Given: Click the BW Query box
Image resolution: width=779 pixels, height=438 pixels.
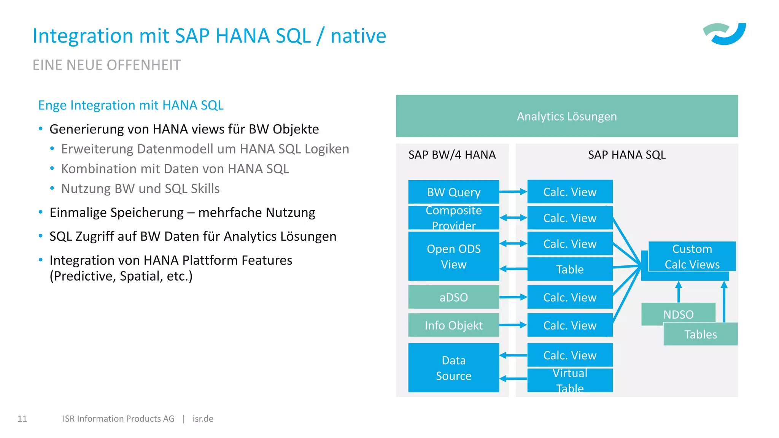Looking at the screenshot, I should tap(453, 192).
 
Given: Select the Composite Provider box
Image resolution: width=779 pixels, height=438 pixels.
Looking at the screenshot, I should tap(453, 218).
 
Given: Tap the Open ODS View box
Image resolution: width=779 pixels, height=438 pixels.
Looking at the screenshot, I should tap(453, 257).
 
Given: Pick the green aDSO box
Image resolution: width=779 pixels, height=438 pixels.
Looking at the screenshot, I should tap(453, 297).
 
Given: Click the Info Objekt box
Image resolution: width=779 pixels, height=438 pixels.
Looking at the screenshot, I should tap(453, 325).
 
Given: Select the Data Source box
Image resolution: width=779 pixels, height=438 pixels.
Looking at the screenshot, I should tap(453, 368).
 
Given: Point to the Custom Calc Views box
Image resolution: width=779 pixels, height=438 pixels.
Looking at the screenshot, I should tap(692, 257).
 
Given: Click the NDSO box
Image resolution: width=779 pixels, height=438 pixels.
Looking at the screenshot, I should tap(678, 314).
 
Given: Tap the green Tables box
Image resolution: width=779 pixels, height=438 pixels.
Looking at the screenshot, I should tap(700, 334).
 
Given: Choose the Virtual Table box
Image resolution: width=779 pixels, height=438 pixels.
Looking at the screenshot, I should tap(570, 380).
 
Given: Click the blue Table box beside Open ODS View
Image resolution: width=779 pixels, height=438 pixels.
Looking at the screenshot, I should tap(570, 269).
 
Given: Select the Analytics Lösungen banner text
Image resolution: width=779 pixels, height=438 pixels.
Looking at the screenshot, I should tap(567, 116).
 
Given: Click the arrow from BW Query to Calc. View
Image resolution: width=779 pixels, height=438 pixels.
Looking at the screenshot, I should tap(513, 192).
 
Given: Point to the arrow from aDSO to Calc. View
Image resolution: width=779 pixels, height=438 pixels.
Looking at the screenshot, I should tap(513, 297).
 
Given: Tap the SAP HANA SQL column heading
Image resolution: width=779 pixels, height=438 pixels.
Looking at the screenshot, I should tap(626, 155).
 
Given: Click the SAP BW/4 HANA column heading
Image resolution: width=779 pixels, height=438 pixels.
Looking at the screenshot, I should tap(452, 155).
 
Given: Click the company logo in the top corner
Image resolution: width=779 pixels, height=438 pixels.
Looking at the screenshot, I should tap(725, 34).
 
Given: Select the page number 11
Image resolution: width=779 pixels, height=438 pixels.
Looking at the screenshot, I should tap(22, 419).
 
